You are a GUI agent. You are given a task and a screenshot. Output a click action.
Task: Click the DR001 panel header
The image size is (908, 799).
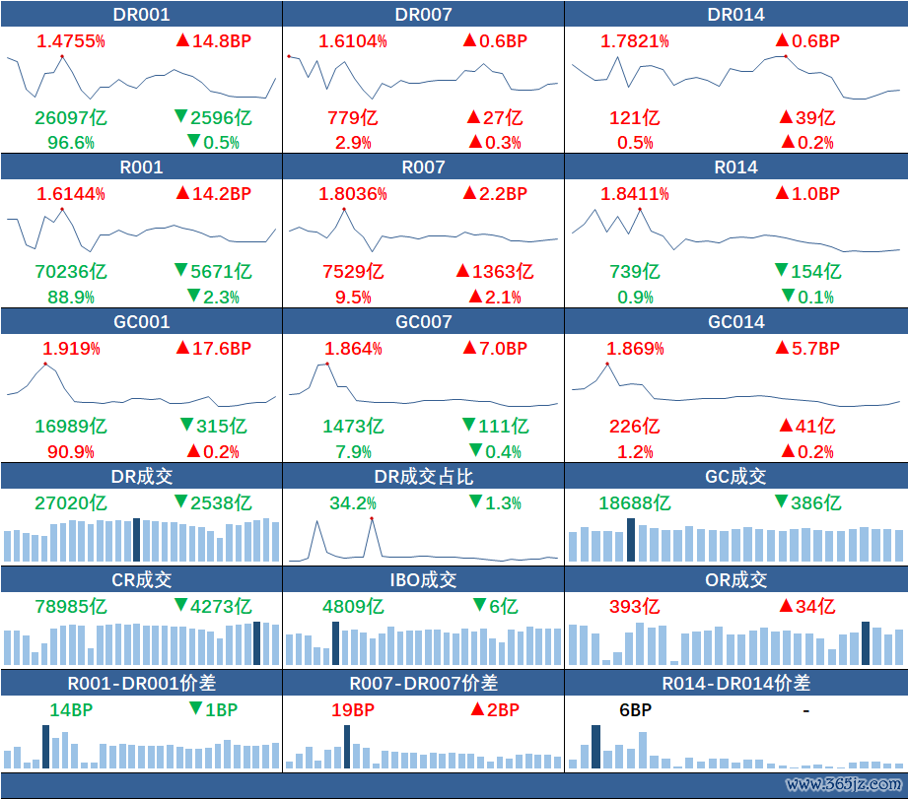click(142, 14)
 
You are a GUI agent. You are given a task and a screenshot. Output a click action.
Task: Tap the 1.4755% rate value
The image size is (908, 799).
click(71, 41)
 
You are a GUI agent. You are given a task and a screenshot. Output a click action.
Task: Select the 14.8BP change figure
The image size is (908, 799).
click(213, 41)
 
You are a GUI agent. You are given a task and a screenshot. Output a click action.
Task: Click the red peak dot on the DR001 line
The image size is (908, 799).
click(61, 56)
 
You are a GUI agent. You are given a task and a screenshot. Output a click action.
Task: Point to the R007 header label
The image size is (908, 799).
click(423, 167)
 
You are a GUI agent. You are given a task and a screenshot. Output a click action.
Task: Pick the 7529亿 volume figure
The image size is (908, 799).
click(353, 271)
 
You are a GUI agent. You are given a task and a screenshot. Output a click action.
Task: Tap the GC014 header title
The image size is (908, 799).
click(735, 322)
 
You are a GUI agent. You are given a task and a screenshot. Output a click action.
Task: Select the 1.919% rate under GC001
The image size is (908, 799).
click(71, 349)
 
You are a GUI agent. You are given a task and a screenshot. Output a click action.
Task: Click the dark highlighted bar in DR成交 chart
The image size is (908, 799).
click(136, 540)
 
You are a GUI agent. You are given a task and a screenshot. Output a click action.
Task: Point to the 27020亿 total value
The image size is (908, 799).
click(71, 502)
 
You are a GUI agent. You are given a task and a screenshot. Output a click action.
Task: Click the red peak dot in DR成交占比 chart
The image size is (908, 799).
click(372, 518)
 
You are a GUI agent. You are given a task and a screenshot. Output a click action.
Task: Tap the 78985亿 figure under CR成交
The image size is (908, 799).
click(71, 606)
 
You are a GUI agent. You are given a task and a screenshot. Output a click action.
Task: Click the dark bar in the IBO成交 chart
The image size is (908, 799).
click(335, 643)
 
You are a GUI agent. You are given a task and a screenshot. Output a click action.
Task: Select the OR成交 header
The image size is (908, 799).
click(735, 580)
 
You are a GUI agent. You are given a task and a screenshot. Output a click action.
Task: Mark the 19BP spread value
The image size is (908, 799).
click(353, 709)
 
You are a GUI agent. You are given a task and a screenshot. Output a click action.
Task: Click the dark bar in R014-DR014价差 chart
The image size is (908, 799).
click(595, 747)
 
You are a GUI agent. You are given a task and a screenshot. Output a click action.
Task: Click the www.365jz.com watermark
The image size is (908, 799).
click(843, 784)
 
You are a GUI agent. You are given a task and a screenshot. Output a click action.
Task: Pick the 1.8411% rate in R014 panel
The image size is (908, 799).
click(637, 194)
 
